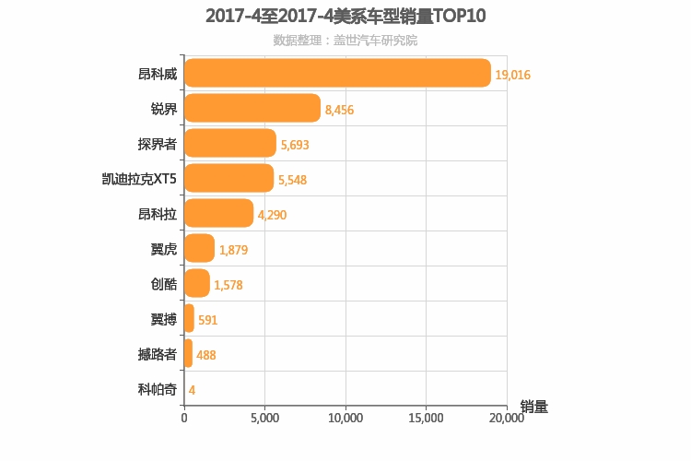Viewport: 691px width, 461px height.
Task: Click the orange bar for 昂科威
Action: click(x=337, y=73)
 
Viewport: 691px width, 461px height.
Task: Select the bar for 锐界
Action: click(x=252, y=108)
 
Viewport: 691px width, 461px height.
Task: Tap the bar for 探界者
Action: click(x=230, y=143)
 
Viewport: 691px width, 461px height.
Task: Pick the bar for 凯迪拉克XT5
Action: click(x=228, y=178)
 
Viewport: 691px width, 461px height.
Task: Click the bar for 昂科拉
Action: click(x=218, y=213)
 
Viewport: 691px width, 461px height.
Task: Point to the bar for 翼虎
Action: click(x=199, y=248)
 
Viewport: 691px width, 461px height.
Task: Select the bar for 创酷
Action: click(x=197, y=283)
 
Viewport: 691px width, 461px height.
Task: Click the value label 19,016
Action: click(x=513, y=75)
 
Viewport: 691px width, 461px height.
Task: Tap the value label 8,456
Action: click(x=339, y=110)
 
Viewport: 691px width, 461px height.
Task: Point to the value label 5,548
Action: click(x=292, y=180)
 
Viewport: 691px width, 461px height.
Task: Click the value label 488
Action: click(x=205, y=355)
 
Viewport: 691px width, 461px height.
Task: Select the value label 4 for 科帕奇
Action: click(x=192, y=390)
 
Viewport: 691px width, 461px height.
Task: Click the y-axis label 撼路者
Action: click(x=157, y=354)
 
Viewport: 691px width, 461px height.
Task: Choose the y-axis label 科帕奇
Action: click(x=157, y=389)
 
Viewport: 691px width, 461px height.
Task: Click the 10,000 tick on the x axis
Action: click(x=345, y=418)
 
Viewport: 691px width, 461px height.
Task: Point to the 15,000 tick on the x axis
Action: click(x=426, y=418)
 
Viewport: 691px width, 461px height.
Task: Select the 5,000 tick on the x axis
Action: click(x=264, y=418)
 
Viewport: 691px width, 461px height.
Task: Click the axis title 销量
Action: click(x=533, y=407)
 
